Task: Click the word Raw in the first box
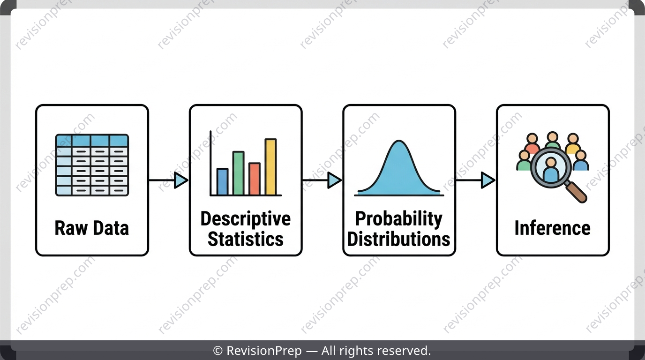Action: (x=71, y=228)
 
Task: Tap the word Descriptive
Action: (x=246, y=219)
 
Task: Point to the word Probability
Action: (x=399, y=219)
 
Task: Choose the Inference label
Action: (x=553, y=228)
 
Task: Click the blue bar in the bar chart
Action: (x=222, y=182)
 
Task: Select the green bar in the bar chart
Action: (x=239, y=173)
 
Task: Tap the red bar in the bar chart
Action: (x=255, y=179)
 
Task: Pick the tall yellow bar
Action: (x=270, y=167)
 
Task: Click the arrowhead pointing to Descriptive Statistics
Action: (x=181, y=180)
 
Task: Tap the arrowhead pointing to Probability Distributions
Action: (x=335, y=180)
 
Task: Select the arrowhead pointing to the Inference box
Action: (x=488, y=180)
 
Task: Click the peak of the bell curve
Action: (x=399, y=141)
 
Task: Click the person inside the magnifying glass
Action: (x=551, y=169)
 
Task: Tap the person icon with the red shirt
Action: (x=532, y=143)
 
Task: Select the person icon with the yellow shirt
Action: (x=573, y=143)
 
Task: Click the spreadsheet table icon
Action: (x=92, y=165)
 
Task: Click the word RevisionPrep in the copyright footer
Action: (x=264, y=351)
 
